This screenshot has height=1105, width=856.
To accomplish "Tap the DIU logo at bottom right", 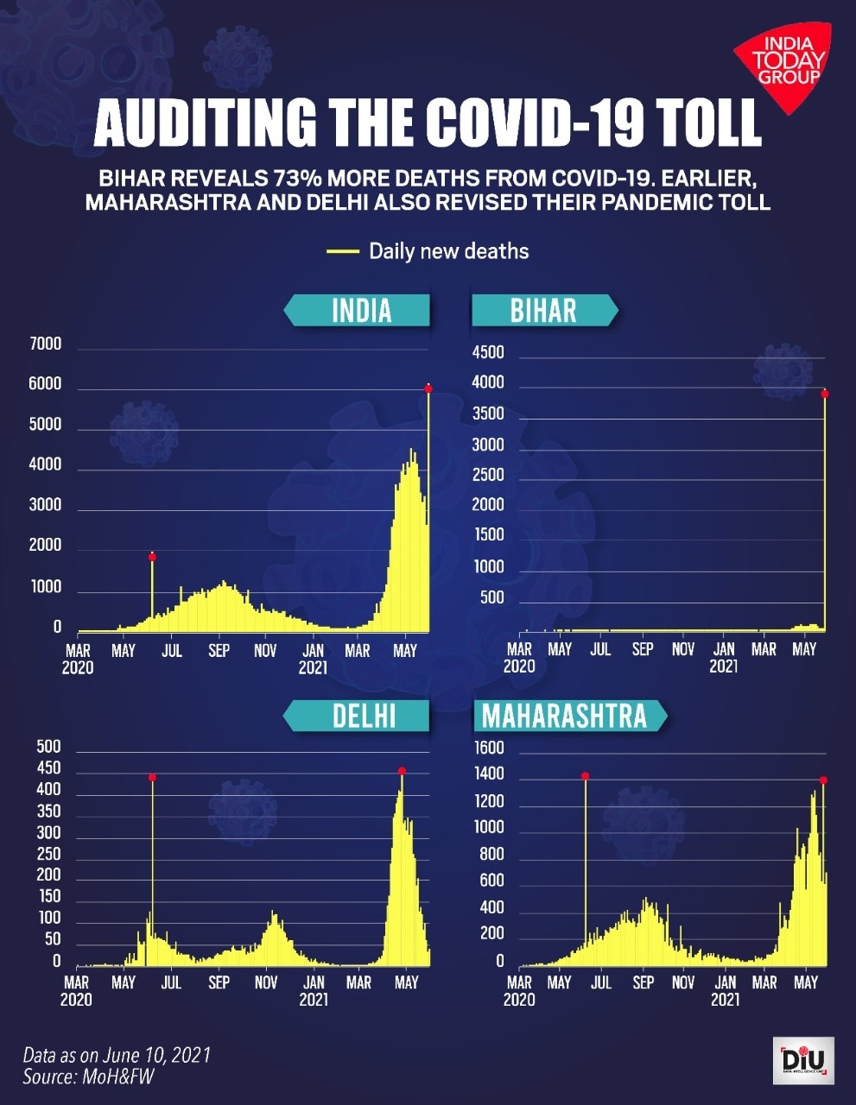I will [803, 1060].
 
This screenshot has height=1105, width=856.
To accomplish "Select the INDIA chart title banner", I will [360, 310].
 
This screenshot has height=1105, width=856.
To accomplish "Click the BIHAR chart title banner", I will [542, 310].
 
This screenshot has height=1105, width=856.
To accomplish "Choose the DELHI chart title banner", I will [363, 716].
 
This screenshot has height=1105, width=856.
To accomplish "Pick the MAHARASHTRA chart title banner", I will [566, 716].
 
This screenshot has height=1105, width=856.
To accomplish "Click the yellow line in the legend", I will [342, 251].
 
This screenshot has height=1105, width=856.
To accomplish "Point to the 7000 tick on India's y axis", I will [46, 344].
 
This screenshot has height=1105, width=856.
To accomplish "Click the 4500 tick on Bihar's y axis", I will [488, 352].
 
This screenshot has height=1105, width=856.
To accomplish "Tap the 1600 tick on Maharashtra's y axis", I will [489, 748].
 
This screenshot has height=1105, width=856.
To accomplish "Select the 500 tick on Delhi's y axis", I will [48, 747].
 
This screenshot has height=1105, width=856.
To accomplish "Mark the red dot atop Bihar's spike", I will [825, 394].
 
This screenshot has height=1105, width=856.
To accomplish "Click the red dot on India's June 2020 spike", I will [152, 557].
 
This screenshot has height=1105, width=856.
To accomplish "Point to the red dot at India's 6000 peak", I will [428, 388].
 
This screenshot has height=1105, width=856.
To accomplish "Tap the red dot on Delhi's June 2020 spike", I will [152, 778].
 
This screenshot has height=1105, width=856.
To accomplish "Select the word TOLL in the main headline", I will [706, 123].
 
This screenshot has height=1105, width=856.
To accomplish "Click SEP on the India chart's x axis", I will [219, 651].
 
